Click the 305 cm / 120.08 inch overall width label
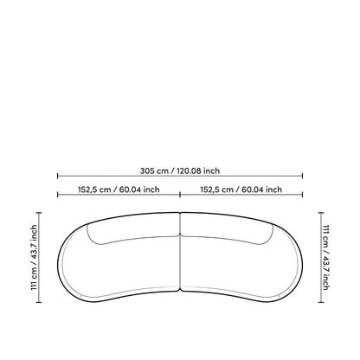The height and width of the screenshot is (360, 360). coord(180,170)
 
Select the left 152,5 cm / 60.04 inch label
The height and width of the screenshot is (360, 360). coord(119,190)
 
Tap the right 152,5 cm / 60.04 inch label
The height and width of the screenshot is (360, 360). coord(241,190)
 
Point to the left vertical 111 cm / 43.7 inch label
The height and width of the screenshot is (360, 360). coord(35,257)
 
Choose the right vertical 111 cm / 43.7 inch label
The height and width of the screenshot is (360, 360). coord(325,257)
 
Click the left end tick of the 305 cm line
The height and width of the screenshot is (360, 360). coord(58,176)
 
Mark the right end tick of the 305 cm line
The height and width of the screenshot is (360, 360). coord(302,176)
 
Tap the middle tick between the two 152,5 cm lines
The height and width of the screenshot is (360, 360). coord(180,195)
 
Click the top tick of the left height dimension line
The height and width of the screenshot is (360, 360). coord(39,213)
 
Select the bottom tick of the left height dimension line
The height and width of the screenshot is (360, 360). coord(39,302)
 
